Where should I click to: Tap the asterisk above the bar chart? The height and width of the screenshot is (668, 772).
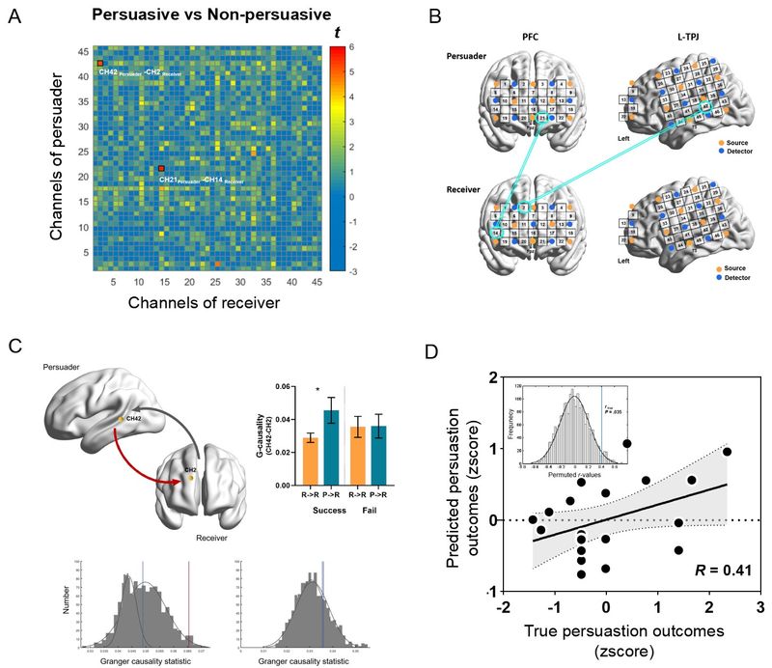coord(317,391)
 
